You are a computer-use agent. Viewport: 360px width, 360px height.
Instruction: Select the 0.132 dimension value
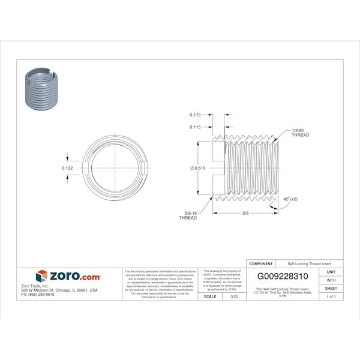(x=68, y=168)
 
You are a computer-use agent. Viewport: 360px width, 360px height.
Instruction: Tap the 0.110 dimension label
(x=194, y=114)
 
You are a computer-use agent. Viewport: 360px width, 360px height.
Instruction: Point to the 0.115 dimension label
(x=194, y=127)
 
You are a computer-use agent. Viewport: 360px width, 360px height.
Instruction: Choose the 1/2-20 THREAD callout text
(x=300, y=133)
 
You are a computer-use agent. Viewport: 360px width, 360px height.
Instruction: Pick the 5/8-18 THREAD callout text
(x=188, y=215)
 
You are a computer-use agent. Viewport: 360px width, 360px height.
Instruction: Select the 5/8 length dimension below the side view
(x=246, y=213)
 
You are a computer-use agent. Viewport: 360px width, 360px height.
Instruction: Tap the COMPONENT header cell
(x=261, y=263)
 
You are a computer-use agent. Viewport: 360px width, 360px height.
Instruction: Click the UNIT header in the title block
(x=331, y=272)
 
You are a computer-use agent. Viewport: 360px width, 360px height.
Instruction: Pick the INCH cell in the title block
(x=331, y=280)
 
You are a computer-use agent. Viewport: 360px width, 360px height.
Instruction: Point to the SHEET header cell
(x=331, y=289)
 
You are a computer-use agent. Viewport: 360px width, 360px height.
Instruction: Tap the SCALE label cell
(x=210, y=296)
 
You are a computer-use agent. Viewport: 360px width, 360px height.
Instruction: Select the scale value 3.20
(x=234, y=296)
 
